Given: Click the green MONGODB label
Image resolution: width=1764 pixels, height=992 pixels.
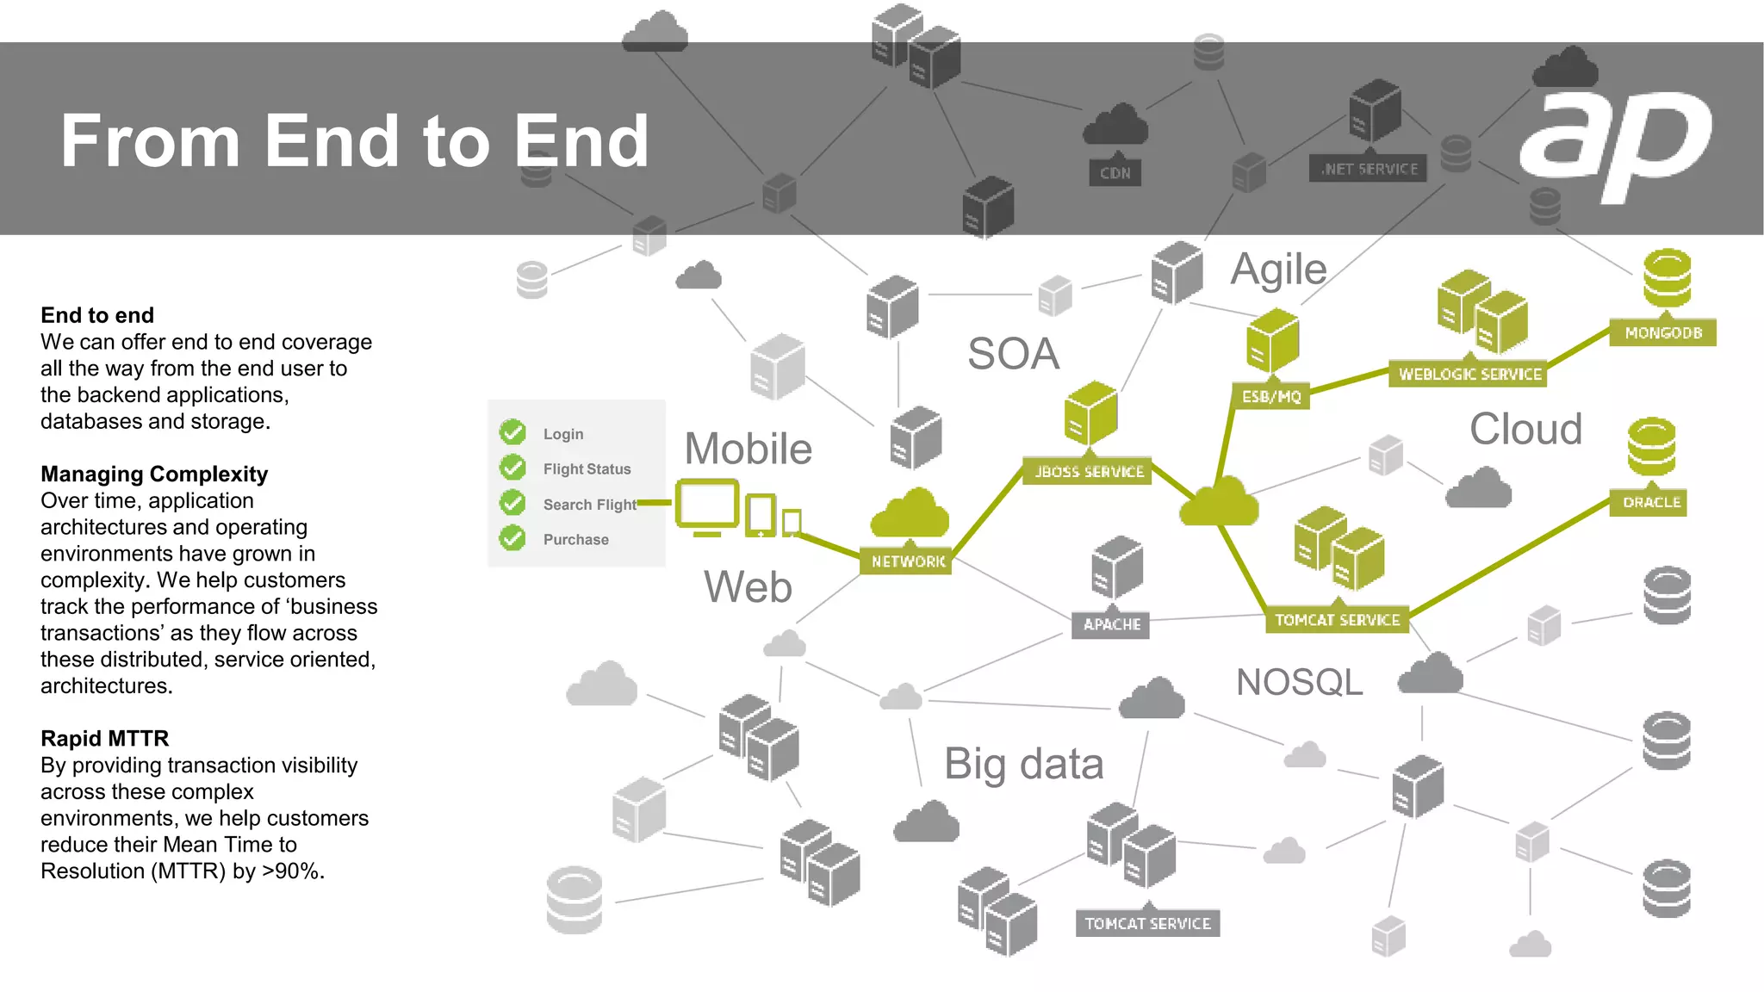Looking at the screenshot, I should pyautogui.click(x=1662, y=332).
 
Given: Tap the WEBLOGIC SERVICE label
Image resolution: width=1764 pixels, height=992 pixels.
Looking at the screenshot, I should pyautogui.click(x=1469, y=375).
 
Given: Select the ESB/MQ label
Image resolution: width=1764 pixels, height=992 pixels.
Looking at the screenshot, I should pyautogui.click(x=1271, y=396).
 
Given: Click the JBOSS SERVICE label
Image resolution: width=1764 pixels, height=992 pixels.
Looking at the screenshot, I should pyautogui.click(x=1089, y=472).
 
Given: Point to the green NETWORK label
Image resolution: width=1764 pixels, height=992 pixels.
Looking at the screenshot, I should pyautogui.click(x=908, y=561).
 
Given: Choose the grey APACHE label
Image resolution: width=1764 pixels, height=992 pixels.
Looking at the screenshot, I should pyautogui.click(x=1111, y=624).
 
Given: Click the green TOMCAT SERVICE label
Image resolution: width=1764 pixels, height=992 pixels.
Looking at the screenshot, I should pyautogui.click(x=1337, y=620).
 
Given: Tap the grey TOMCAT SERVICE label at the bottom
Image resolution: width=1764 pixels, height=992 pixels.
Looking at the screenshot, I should pyautogui.click(x=1147, y=924).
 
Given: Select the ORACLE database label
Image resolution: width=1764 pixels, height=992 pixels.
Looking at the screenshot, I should pyautogui.click(x=1650, y=502).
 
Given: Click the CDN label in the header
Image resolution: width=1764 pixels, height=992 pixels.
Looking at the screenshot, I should pyautogui.click(x=1115, y=173).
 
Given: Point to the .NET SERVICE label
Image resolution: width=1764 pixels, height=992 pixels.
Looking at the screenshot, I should pyautogui.click(x=1369, y=170).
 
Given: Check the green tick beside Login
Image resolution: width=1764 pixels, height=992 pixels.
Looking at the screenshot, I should pyautogui.click(x=512, y=432).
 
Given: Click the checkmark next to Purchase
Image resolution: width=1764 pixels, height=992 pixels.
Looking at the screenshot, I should pyautogui.click(x=512, y=538).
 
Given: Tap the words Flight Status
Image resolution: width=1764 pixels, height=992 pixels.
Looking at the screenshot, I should pyautogui.click(x=587, y=469).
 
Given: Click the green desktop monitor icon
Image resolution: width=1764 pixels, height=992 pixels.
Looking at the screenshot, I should pyautogui.click(x=706, y=506).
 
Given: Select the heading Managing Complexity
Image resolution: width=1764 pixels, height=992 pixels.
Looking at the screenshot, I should pyautogui.click(x=154, y=474).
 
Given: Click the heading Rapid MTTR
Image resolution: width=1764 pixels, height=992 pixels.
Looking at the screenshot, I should pyautogui.click(x=104, y=739).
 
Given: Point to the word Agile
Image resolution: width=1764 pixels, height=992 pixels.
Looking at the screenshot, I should pyautogui.click(x=1278, y=270).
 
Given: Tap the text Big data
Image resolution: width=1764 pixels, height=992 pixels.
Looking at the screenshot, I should pyautogui.click(x=1023, y=764).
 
